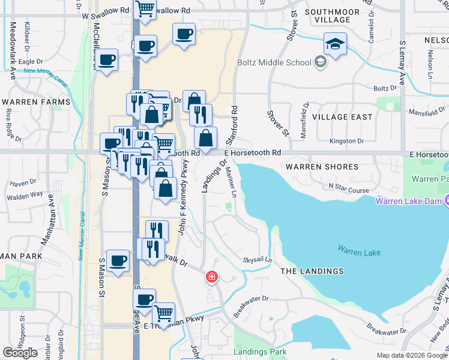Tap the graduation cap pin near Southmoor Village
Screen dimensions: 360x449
336,44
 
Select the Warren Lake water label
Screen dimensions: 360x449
358,252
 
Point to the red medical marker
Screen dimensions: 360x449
211,277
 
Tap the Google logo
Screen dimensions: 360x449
20,353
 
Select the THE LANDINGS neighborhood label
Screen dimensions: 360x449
312,271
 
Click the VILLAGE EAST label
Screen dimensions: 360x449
343,117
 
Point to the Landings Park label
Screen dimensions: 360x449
260,352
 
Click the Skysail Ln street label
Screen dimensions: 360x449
258,260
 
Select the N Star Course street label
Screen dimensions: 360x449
349,190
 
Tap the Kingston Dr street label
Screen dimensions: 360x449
347,141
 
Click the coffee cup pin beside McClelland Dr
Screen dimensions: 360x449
107,61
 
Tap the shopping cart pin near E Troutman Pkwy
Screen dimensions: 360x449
163,313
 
